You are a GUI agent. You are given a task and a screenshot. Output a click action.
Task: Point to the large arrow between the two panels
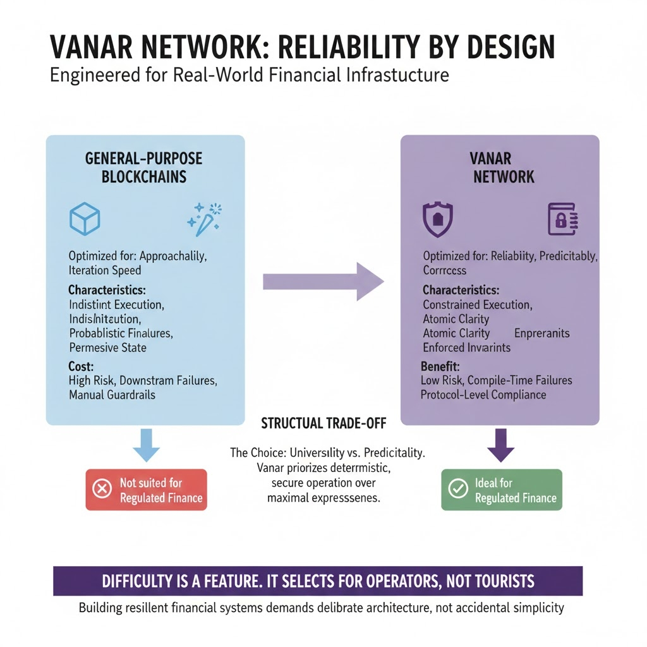[x=323, y=281]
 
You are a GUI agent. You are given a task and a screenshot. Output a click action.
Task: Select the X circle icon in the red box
[x=102, y=490]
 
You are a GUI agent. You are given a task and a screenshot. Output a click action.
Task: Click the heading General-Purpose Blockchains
[x=145, y=167]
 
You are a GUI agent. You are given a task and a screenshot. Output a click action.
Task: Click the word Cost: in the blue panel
[x=82, y=366]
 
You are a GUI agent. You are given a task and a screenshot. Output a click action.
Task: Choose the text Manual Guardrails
[x=112, y=396]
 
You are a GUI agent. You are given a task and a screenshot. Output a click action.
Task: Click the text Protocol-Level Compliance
[x=483, y=395]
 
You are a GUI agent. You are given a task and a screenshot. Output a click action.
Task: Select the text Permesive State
[x=107, y=347]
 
